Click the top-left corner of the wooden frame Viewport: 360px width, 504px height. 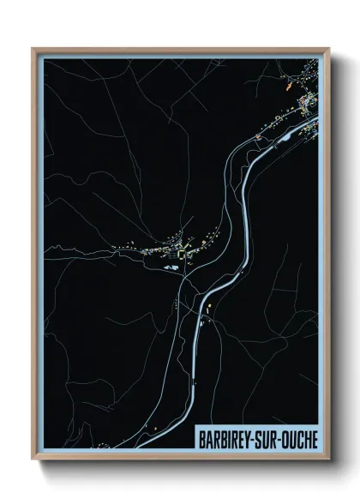[33, 49]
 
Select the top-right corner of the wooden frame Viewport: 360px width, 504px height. [328, 49]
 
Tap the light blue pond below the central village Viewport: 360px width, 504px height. [169, 268]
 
